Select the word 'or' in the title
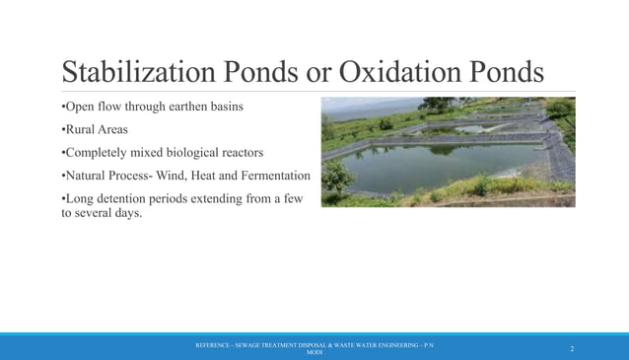click(315, 72)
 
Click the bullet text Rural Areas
click(96, 129)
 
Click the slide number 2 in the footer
click(571, 349)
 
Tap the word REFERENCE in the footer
click(216, 345)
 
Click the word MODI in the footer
click(314, 352)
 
